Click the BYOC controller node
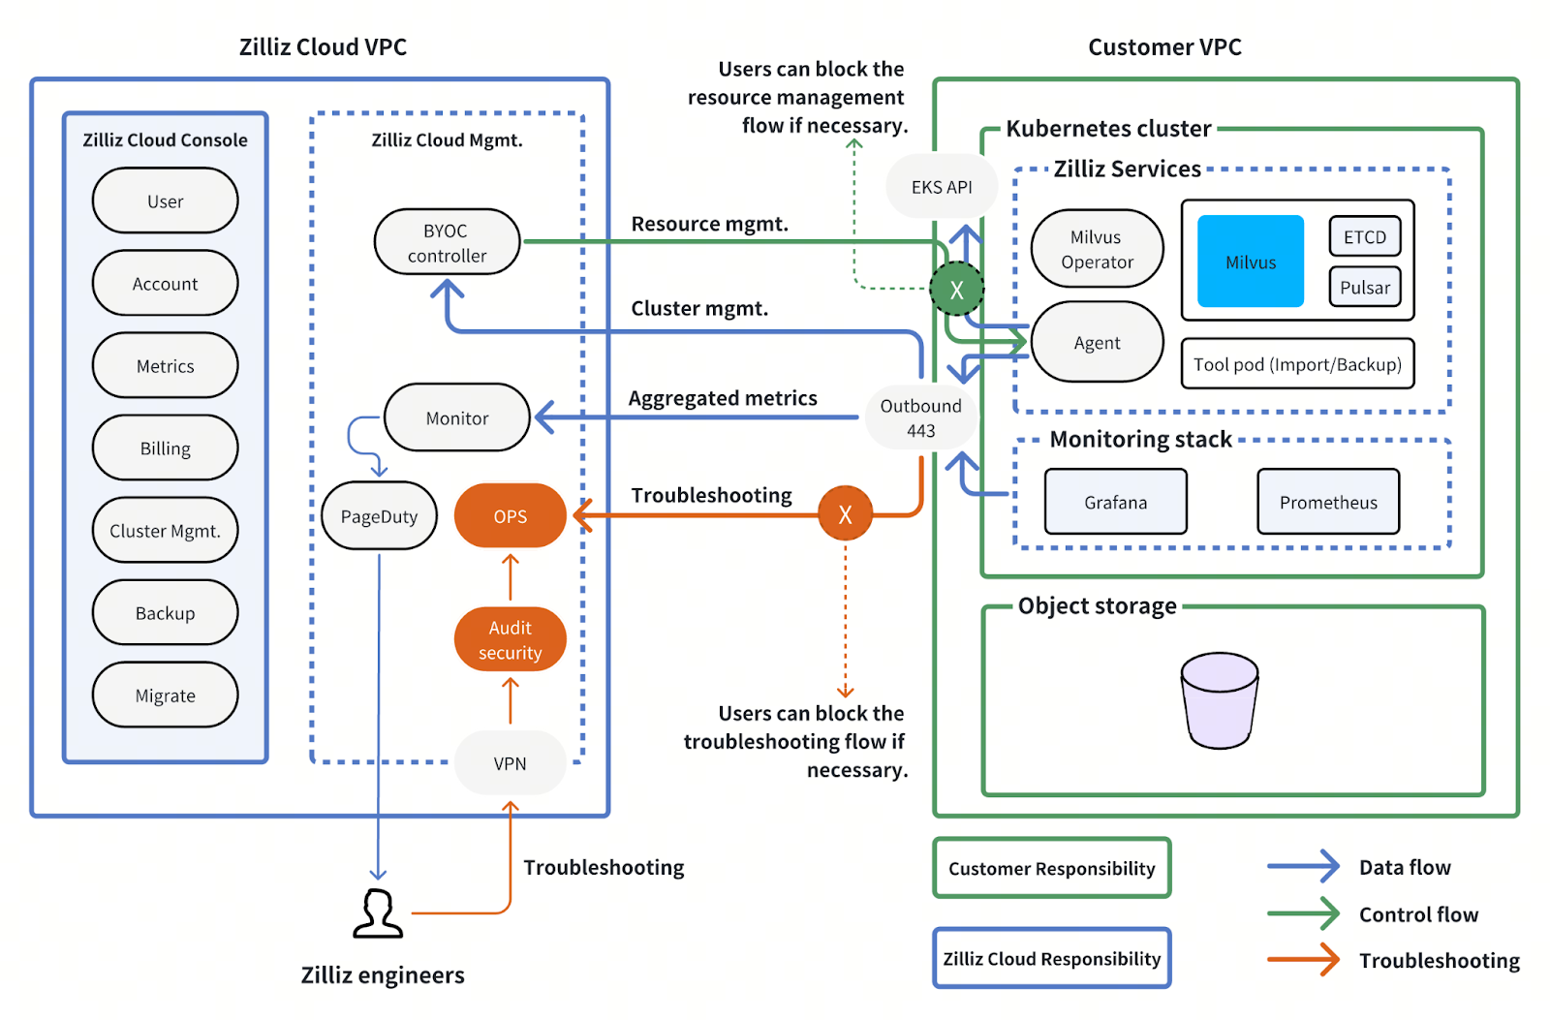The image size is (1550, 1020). (447, 242)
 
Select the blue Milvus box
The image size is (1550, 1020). (1250, 262)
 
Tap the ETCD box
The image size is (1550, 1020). (1364, 236)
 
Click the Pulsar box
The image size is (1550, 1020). (1364, 287)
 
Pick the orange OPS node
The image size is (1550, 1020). (510, 516)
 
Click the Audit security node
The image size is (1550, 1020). (510, 639)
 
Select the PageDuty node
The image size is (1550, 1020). (379, 516)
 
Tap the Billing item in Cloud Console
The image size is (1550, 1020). (165, 448)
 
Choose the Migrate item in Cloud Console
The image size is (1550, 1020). (165, 695)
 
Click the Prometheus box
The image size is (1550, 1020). (1327, 502)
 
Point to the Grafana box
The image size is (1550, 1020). (1115, 502)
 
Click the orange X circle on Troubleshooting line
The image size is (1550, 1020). (845, 514)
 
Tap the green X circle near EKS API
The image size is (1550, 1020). (956, 289)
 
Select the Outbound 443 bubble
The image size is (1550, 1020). (920, 417)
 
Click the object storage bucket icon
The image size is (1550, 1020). (1219, 699)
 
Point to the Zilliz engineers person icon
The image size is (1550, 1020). (378, 913)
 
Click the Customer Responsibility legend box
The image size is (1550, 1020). (1051, 868)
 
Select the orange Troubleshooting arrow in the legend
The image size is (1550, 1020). (1303, 960)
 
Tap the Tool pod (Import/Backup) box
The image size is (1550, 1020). (1296, 364)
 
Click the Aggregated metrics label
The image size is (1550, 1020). (722, 398)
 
